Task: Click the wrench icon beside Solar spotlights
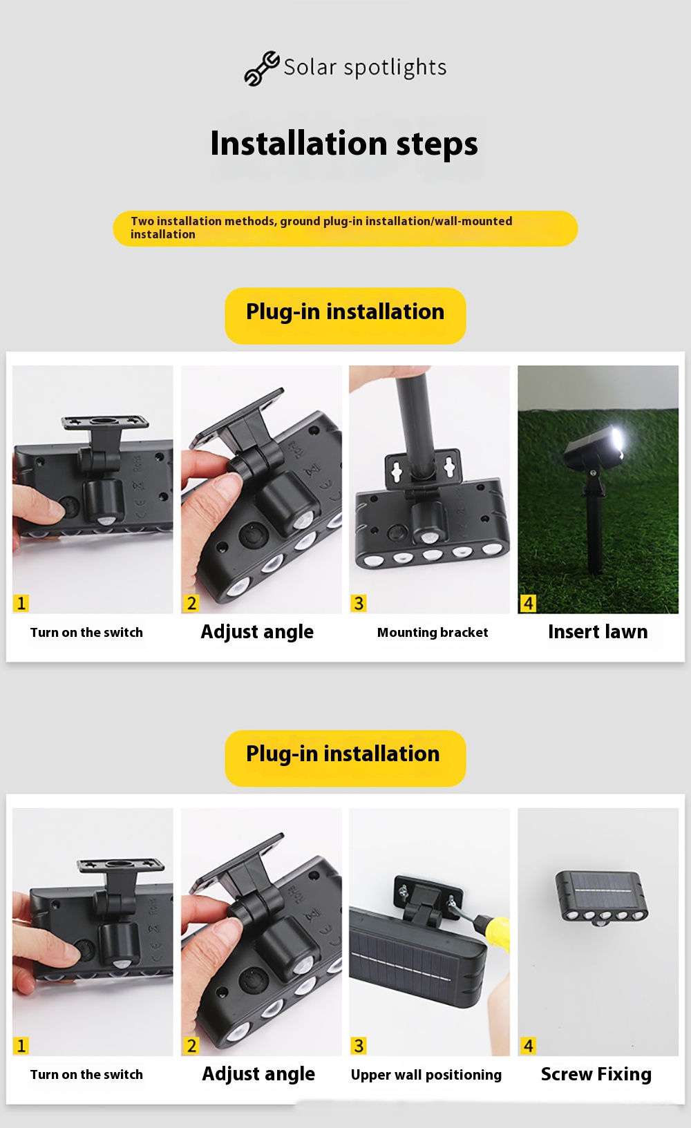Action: pos(261,68)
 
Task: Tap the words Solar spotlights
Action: pos(365,68)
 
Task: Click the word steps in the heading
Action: pos(437,144)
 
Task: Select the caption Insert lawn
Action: pos(598,631)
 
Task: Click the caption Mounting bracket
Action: pos(433,633)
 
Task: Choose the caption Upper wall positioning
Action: pos(426,1075)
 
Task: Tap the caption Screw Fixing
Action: pos(596,1074)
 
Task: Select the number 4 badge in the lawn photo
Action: pos(528,603)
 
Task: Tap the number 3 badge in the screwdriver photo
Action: pos(359,1046)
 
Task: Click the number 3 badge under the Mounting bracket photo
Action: pos(359,603)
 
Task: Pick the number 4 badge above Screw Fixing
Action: pos(528,1046)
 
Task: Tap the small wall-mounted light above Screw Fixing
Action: pos(602,898)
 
